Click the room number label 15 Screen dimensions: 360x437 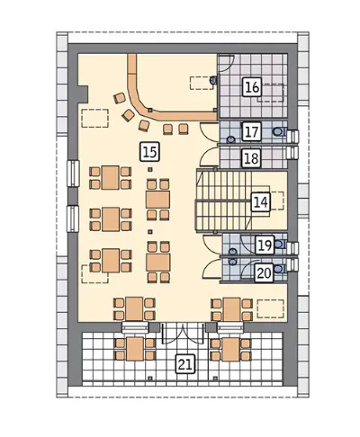point(150,152)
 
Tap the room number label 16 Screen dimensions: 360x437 point(252,87)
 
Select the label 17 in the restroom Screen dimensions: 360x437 point(252,131)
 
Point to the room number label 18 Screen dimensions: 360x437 point(252,157)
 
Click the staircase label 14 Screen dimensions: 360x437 point(260,202)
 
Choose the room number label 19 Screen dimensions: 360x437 point(265,245)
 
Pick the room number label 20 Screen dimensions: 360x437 point(265,273)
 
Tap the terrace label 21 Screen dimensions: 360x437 point(185,364)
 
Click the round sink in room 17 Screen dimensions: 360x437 point(230,139)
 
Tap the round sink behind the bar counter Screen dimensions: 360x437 point(213,80)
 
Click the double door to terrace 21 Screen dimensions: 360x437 point(184,333)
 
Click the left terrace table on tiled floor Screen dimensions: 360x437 point(135,349)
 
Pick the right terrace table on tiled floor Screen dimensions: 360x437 point(230,350)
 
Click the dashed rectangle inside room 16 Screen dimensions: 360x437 point(270,93)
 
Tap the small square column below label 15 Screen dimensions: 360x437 point(150,170)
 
